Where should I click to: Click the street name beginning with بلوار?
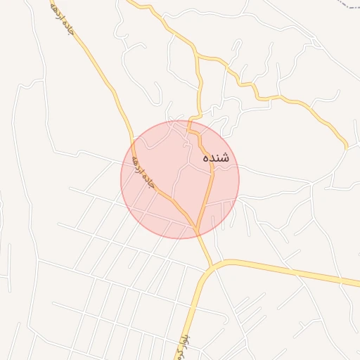click(181, 345)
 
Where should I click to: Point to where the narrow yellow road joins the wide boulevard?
click(210, 266)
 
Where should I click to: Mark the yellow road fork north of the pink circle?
click(198, 56)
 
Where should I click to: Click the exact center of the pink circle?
click(180, 179)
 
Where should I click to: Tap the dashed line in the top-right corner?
click(349, 4)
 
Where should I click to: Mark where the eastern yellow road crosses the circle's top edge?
click(188, 122)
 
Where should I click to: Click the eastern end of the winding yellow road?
click(346, 147)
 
